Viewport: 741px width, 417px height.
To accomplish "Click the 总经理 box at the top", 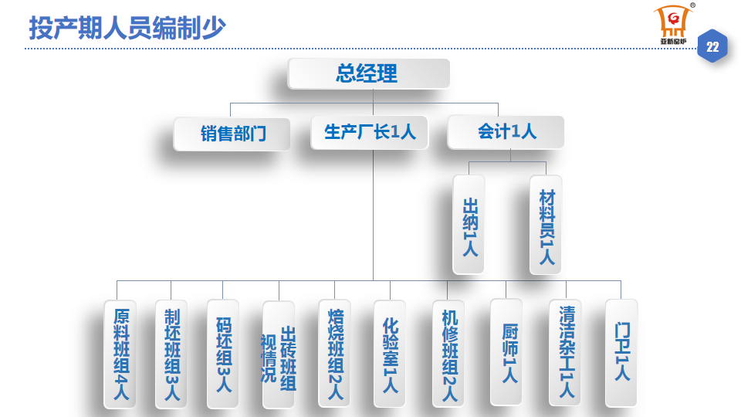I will pos(368,73).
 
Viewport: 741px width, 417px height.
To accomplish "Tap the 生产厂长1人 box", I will pos(370,132).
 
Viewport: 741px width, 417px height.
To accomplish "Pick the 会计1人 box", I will pos(506,132).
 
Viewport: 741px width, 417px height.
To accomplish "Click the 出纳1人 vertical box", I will pos(469,225).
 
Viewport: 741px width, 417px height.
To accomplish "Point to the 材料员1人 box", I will pos(546,225).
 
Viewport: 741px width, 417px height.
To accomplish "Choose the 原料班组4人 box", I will pos(120,354).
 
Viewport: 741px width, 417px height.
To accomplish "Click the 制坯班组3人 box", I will pos(171,354).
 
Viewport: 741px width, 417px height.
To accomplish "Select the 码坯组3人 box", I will pos(223,354).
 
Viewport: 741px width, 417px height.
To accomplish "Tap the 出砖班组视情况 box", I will pos(278,354).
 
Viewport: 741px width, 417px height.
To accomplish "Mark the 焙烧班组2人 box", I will pos(334,354).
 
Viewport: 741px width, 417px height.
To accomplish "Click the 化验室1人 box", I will pos(389,354).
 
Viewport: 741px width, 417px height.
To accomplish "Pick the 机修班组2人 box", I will pos(448,354).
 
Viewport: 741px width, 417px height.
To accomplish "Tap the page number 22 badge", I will pos(712,47).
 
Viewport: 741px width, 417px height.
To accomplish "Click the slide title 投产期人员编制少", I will pos(127,28).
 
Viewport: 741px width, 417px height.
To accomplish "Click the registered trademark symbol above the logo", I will pos(692,5).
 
